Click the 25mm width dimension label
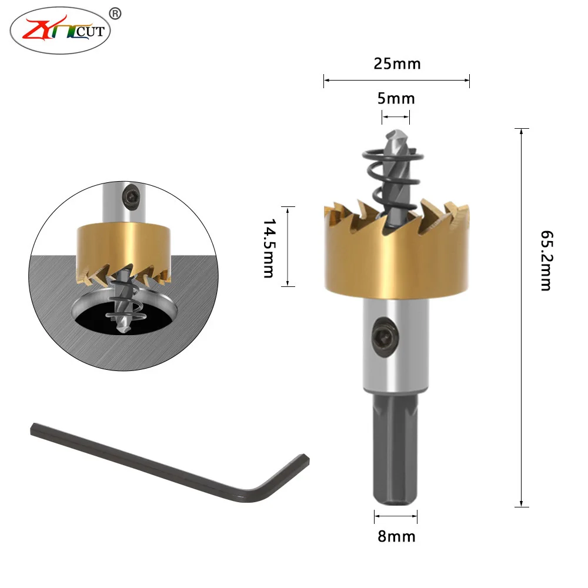(397, 64)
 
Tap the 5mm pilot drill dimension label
(396, 99)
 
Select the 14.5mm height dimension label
(269, 248)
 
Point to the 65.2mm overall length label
(547, 260)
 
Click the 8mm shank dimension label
(396, 537)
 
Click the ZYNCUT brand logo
(60, 31)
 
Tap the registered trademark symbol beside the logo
(115, 14)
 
